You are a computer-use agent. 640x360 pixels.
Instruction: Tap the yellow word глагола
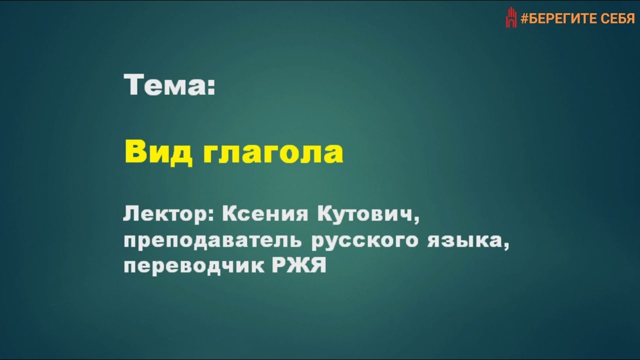click(273, 152)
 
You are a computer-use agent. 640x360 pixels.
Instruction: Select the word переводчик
click(194, 266)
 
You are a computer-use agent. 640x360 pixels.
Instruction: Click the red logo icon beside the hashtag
click(510, 18)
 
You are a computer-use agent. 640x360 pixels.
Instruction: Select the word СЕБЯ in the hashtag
click(617, 19)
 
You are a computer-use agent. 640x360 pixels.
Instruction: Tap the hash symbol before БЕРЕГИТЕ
click(524, 19)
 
